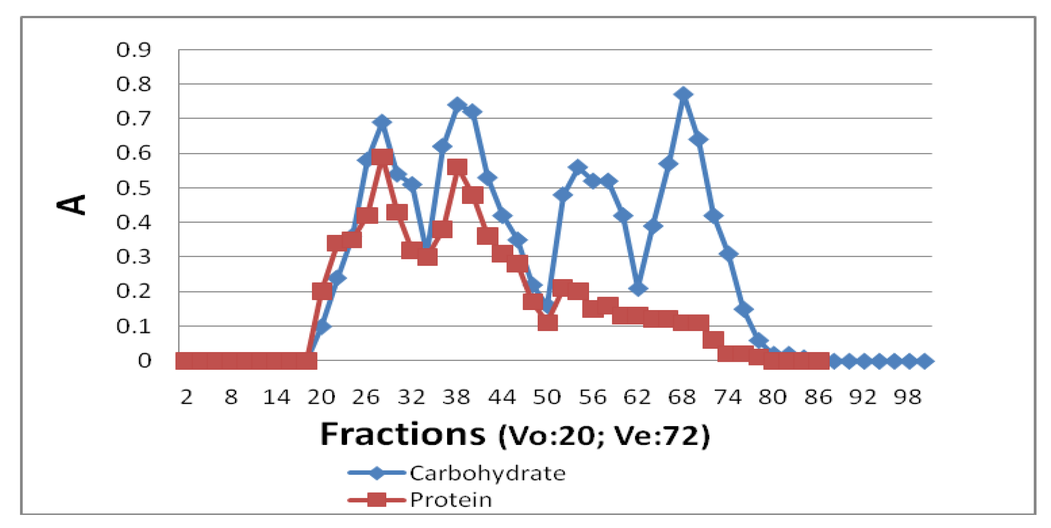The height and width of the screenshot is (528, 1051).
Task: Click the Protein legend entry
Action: pyautogui.click(x=451, y=500)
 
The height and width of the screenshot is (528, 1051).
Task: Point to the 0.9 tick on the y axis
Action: pyautogui.click(x=134, y=49)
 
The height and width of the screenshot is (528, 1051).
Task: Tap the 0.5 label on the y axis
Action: pyautogui.click(x=134, y=188)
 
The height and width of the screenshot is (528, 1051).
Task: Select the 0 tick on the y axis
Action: pyautogui.click(x=144, y=361)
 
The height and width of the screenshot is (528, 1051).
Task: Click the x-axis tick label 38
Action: pyautogui.click(x=456, y=397)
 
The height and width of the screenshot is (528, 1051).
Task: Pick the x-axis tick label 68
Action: pyautogui.click(x=682, y=397)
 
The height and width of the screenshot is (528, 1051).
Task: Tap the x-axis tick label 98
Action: pyautogui.click(x=908, y=397)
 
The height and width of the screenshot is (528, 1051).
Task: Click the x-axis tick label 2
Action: pyautogui.click(x=186, y=397)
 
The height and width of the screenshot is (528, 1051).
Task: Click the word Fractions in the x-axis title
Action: pyautogui.click(x=403, y=434)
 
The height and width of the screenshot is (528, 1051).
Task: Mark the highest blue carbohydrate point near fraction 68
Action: pyautogui.click(x=683, y=95)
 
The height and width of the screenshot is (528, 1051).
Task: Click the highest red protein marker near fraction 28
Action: pyautogui.click(x=382, y=157)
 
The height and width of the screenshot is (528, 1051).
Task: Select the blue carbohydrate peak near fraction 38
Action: pyautogui.click(x=457, y=105)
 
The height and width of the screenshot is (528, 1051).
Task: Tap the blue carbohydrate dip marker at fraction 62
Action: pyautogui.click(x=638, y=288)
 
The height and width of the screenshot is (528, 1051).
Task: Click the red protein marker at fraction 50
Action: pyautogui.click(x=547, y=322)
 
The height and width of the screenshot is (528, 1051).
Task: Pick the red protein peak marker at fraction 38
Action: pyautogui.click(x=457, y=167)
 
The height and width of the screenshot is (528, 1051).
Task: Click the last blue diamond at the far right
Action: pyautogui.click(x=924, y=361)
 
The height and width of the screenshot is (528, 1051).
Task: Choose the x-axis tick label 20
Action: pyautogui.click(x=321, y=397)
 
